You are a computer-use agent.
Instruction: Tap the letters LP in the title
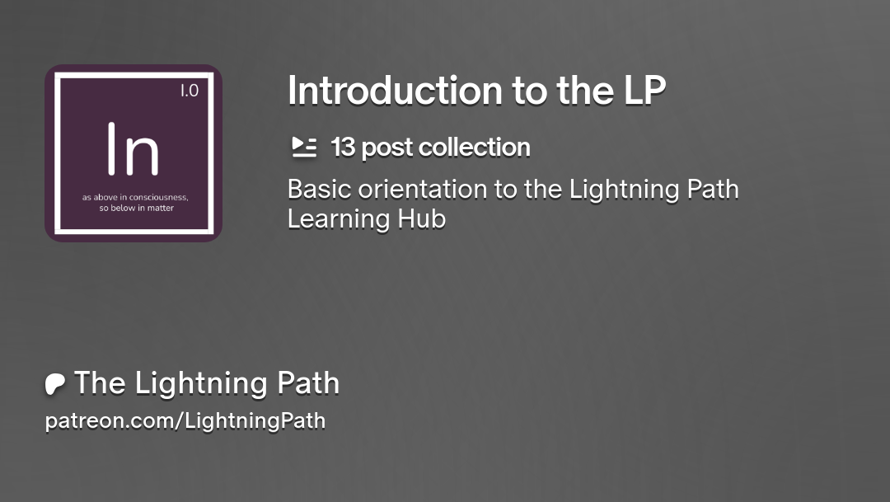pyautogui.click(x=644, y=91)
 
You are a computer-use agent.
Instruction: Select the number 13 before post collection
pyautogui.click(x=343, y=147)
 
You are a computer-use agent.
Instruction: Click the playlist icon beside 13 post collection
pyautogui.click(x=304, y=147)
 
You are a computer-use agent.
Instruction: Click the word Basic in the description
pyautogui.click(x=318, y=189)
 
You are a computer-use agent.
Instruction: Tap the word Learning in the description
pyautogui.click(x=339, y=219)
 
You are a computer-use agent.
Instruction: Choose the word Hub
pyautogui.click(x=422, y=219)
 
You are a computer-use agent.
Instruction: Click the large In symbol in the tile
pyautogui.click(x=133, y=148)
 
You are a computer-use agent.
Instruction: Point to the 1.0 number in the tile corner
pyautogui.click(x=190, y=91)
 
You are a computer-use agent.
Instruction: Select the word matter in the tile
pyautogui.click(x=161, y=208)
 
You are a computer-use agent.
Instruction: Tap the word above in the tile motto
pyautogui.click(x=105, y=198)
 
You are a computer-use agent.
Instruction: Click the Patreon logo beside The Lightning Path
pyautogui.click(x=54, y=384)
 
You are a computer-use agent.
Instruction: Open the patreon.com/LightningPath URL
pyautogui.click(x=185, y=420)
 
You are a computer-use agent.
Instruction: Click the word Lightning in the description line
pyautogui.click(x=624, y=190)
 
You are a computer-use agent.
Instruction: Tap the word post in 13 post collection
pyautogui.click(x=386, y=148)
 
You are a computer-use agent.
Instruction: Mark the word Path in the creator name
pyautogui.click(x=308, y=382)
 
